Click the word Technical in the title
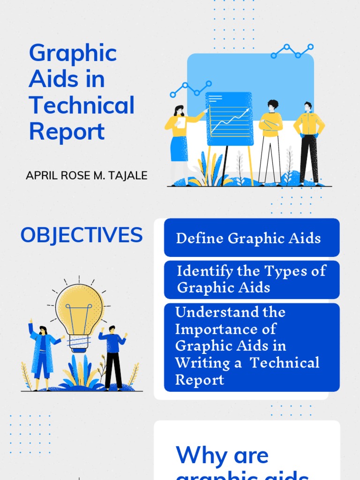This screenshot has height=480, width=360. click(x=82, y=105)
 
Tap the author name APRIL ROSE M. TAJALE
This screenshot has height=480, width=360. click(x=87, y=176)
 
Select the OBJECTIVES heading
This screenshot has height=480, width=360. click(x=82, y=235)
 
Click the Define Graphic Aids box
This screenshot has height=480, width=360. click(x=252, y=238)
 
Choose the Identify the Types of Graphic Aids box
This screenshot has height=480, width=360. click(x=252, y=279)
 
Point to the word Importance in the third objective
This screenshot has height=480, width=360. click(x=225, y=329)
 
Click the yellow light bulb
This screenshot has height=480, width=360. click(x=79, y=307)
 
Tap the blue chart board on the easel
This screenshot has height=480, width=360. click(x=229, y=118)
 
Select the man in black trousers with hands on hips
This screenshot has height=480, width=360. click(x=308, y=141)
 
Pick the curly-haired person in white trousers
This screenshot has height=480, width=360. click(x=270, y=141)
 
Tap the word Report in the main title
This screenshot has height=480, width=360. click(x=67, y=132)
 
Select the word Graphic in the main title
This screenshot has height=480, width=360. click(x=73, y=53)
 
